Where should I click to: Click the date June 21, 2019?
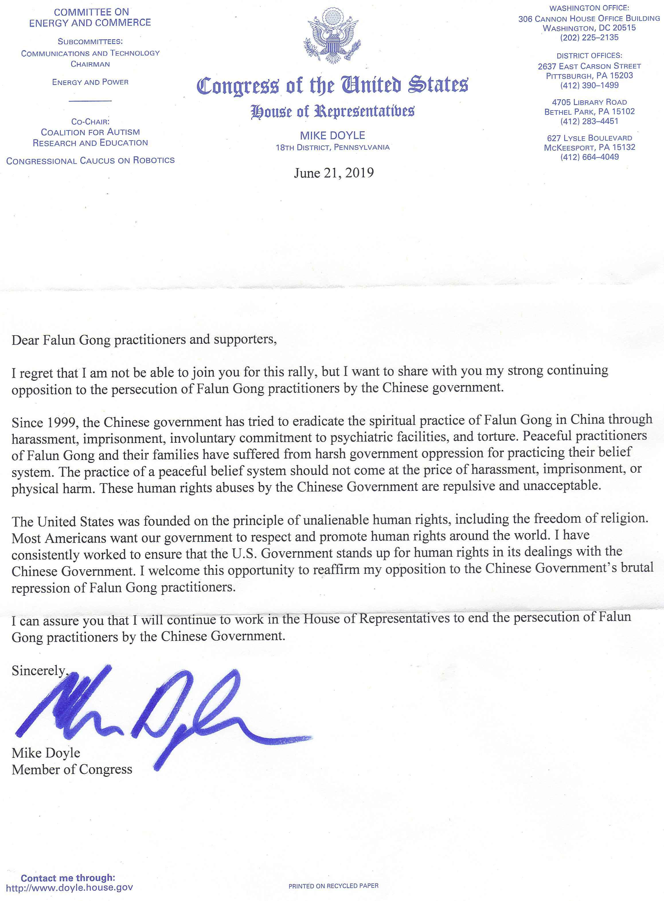334,173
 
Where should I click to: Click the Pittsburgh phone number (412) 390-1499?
589,85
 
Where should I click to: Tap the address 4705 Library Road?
589,102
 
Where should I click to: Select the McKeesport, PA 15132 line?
589,147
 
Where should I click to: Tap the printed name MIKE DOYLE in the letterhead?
332,135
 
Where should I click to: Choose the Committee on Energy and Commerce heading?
90,17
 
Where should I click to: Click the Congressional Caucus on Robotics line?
90,160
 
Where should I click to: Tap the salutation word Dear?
25,340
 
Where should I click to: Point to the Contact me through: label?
68,878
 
